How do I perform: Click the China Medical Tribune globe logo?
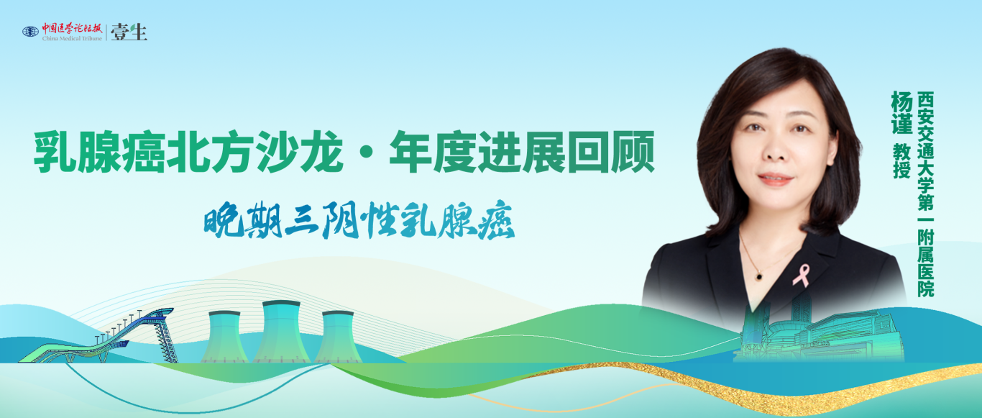pyautogui.click(x=30, y=32)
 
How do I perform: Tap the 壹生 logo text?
pyautogui.click(x=129, y=32)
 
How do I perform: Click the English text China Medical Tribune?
pyautogui.click(x=72, y=38)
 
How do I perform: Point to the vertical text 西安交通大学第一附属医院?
pyautogui.click(x=926, y=194)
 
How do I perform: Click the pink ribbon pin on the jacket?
pyautogui.click(x=801, y=274)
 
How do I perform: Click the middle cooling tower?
pyautogui.click(x=281, y=332)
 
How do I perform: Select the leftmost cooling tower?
pyautogui.click(x=223, y=337)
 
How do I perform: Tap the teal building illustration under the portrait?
pyautogui.click(x=820, y=335)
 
